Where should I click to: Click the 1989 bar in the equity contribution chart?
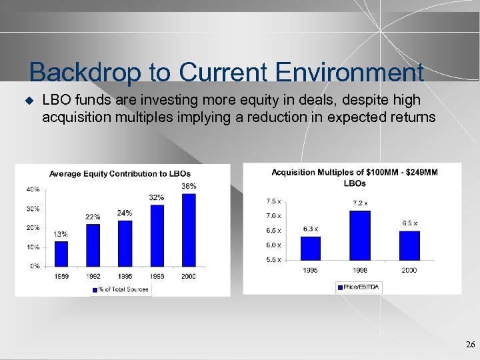tap(61, 253)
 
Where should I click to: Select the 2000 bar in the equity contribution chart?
tap(189, 230)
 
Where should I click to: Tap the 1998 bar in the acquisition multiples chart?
tap(359, 235)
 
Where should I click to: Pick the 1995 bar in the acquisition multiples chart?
tap(310, 248)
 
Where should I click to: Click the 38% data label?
tap(189, 187)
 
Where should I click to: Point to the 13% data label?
tap(61, 234)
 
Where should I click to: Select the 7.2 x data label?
tap(360, 203)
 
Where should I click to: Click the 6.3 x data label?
tap(310, 229)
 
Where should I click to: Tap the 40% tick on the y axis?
tap(33, 189)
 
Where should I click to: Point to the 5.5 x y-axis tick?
tap(273, 259)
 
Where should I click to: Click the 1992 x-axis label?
tap(93, 276)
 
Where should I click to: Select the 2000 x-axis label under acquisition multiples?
tap(409, 270)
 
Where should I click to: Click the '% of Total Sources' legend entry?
tap(120, 289)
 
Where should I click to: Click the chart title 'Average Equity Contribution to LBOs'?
tap(120, 174)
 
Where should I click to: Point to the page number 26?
tap(470, 345)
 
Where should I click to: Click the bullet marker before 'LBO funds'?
tap(29, 101)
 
